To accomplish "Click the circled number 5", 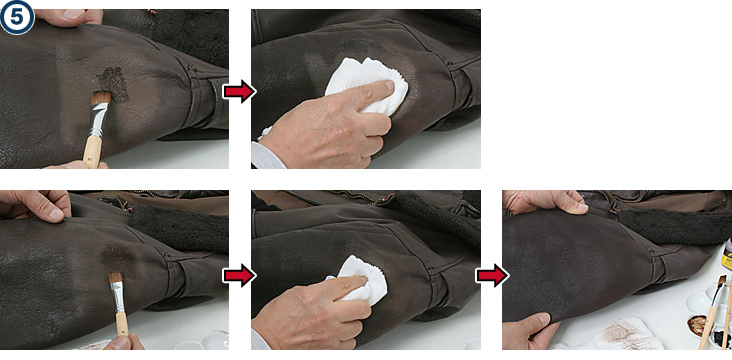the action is [x=17, y=18].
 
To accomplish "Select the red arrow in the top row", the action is [x=239, y=92].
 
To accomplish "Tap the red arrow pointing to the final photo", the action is [x=492, y=275].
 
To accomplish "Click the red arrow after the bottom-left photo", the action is [x=239, y=275].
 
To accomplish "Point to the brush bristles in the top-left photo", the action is [x=101, y=97].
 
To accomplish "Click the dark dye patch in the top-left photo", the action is [x=114, y=84].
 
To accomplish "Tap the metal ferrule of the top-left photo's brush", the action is [x=98, y=118].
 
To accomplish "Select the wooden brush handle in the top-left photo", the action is [x=92, y=152].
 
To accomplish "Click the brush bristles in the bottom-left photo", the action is [x=115, y=277].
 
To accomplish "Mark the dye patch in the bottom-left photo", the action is [x=117, y=258].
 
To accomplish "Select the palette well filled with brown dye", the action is [x=697, y=325].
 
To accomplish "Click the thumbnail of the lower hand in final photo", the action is [x=542, y=319].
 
